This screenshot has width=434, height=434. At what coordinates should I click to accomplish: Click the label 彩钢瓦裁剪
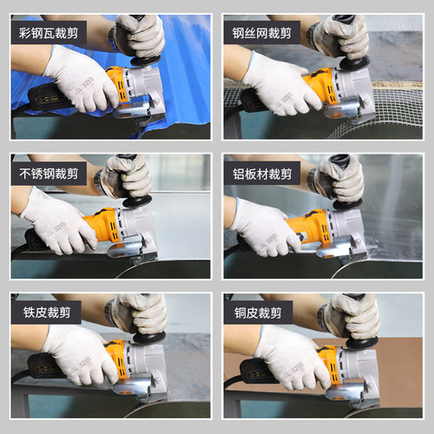click(x=49, y=33)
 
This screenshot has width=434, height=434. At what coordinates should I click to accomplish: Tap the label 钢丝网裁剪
click(x=262, y=33)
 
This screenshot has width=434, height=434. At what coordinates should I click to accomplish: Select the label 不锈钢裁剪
click(x=49, y=174)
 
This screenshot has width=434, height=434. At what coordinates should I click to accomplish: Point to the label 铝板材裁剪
click(x=262, y=174)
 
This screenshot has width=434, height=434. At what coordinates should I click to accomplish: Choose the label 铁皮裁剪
click(x=47, y=312)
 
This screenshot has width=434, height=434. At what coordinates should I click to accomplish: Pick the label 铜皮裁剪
click(x=258, y=312)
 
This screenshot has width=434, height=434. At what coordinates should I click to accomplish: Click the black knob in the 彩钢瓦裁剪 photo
click(x=146, y=60)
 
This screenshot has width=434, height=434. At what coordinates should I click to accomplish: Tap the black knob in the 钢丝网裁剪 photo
click(x=354, y=62)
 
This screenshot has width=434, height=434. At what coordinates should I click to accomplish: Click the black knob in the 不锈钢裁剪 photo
click(x=137, y=201)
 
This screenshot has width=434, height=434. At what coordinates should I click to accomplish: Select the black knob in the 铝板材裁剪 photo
click(x=347, y=204)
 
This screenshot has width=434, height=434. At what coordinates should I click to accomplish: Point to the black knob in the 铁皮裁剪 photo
click(x=149, y=337)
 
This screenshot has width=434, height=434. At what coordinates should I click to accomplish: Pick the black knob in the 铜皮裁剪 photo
click(x=362, y=343)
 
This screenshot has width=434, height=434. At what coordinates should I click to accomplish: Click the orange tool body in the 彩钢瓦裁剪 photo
click(x=117, y=84)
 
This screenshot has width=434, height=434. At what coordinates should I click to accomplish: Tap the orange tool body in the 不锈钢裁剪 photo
click(x=102, y=225)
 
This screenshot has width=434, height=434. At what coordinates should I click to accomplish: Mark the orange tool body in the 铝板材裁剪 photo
click(x=311, y=228)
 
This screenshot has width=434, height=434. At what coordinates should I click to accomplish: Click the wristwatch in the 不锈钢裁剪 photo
click(x=99, y=181)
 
